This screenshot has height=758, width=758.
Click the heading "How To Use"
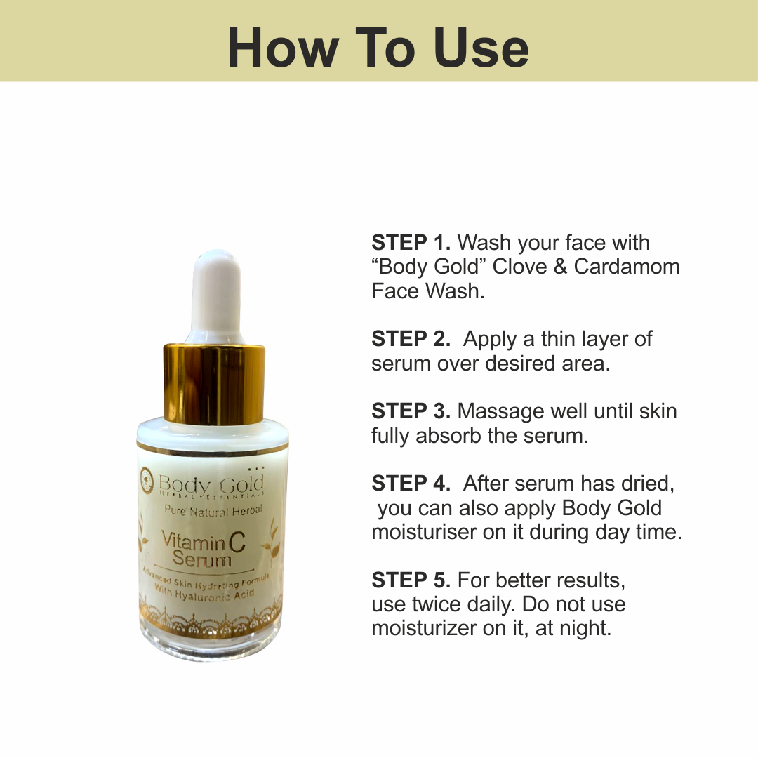(x=378, y=47)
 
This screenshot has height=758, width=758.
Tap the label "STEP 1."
(x=411, y=243)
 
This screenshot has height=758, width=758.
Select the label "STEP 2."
(x=411, y=339)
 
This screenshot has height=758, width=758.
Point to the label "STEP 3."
(x=411, y=411)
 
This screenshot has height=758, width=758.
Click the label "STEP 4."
(x=411, y=483)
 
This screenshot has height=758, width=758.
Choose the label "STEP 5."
(x=411, y=580)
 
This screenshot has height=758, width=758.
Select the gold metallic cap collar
(x=214, y=385)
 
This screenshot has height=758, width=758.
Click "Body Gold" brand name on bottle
(x=211, y=484)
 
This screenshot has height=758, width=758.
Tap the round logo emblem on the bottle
(x=146, y=477)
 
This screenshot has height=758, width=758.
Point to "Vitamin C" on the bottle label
(x=204, y=540)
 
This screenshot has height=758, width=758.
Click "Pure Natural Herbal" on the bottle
(x=213, y=510)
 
